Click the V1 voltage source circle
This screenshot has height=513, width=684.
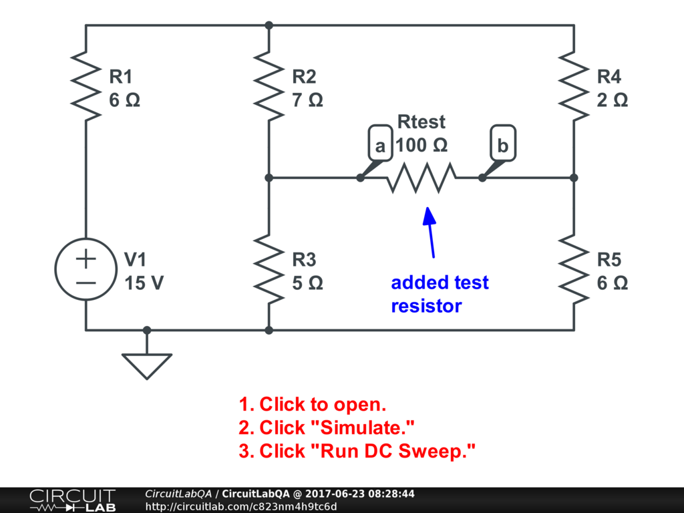(x=85, y=270)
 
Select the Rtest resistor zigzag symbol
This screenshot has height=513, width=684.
(x=421, y=178)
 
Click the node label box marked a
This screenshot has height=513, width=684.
(x=379, y=144)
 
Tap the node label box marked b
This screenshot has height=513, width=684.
(x=503, y=144)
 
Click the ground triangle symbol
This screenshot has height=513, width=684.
(x=147, y=365)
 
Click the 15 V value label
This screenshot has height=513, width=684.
(x=144, y=283)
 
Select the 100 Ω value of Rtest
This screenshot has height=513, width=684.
(x=421, y=144)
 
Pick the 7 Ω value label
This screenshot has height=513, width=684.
(x=307, y=100)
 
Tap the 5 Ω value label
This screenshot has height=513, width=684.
(x=307, y=283)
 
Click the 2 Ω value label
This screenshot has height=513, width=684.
(x=612, y=100)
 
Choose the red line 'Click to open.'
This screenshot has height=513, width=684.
(x=313, y=404)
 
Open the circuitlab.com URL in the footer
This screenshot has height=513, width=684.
(x=241, y=506)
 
